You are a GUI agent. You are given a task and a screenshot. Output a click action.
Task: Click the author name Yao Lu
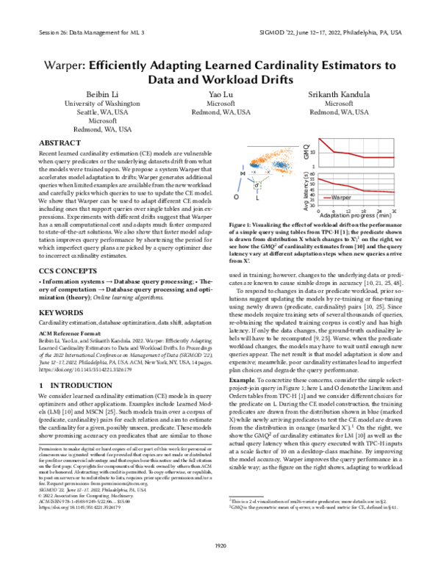[220, 95]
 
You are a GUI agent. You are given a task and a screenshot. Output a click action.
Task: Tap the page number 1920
[220, 543]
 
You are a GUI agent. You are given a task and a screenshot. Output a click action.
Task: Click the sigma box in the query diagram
[257, 186]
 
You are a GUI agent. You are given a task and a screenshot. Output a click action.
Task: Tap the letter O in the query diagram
[236, 198]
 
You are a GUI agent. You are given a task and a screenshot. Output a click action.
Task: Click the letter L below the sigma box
[257, 198]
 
